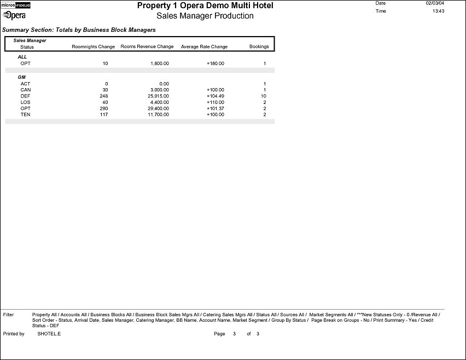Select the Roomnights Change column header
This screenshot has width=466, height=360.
coord(94,47)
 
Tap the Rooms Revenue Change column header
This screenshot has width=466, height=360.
coord(147,47)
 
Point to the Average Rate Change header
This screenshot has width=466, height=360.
coord(204,47)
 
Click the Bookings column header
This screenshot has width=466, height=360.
coord(259,47)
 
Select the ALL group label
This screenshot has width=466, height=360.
coord(22,57)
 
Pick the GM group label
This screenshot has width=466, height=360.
coord(22,77)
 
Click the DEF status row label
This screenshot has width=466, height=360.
coord(25,96)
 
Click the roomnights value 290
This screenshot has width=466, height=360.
coord(104,108)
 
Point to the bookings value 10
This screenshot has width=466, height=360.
coord(263,96)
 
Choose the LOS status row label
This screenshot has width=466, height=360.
coord(25,102)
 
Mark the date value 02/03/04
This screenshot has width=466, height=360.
coord(433,3)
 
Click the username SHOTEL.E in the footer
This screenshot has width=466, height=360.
coord(49,334)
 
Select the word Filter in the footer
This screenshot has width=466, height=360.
coord(8,315)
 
